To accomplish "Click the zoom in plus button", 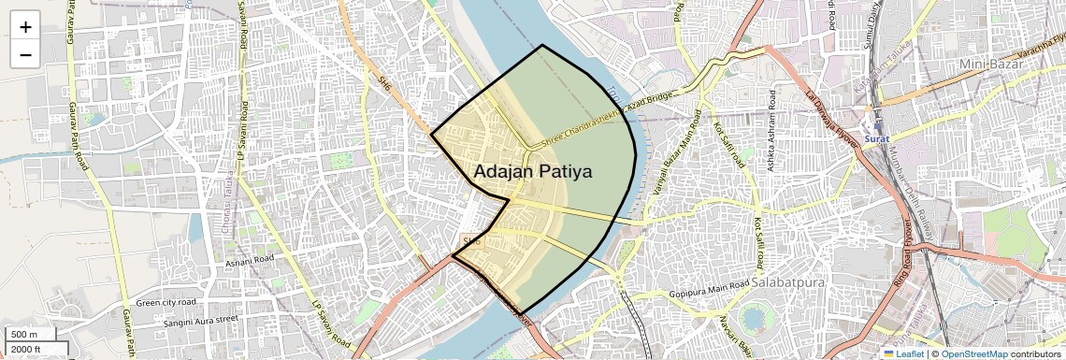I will pos(25,27).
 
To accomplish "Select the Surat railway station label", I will pos(876,138).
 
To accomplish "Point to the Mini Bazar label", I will pos(991,64).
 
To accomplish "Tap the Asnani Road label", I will pos(249,259).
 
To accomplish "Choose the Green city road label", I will pos(166,303).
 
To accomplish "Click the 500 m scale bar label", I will pos(24,335).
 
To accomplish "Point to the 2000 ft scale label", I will pos(26,350).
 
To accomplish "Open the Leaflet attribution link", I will pos(903,353).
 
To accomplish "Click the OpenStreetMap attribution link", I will pos(973,353).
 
